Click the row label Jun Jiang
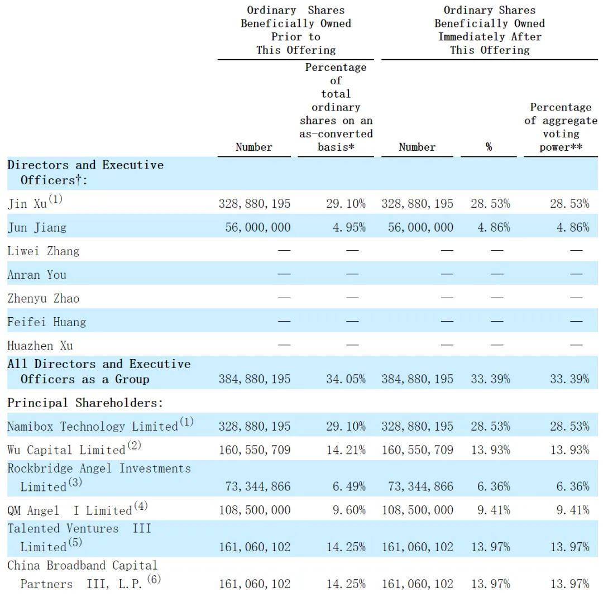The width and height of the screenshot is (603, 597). point(37,227)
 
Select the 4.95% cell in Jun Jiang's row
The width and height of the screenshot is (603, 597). point(349,227)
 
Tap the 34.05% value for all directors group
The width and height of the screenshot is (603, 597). point(346,379)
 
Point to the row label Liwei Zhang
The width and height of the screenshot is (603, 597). point(44,251)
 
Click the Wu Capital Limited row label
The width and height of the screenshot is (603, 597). point(66,450)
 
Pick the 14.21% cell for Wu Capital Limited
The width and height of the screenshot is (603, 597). point(346,450)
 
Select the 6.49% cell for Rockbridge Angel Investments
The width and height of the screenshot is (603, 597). point(349,486)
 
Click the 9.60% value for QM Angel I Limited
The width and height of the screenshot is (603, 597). point(349,510)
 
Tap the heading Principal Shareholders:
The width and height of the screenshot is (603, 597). point(85,403)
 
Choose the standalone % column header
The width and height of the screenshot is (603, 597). point(489,147)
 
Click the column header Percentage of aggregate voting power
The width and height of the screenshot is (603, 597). point(561,127)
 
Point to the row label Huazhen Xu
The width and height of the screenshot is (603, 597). point(40,346)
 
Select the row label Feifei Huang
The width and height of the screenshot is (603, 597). point(46,322)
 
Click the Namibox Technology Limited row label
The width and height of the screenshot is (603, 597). point(93,426)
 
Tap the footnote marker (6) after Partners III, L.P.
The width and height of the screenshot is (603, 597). point(154,579)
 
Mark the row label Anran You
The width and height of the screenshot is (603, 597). point(37,275)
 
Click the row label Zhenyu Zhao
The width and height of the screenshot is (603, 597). point(44,298)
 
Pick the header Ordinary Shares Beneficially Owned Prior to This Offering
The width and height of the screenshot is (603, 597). point(296,30)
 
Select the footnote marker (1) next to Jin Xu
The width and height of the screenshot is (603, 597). point(55,199)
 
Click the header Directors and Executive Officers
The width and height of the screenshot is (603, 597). point(85,173)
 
